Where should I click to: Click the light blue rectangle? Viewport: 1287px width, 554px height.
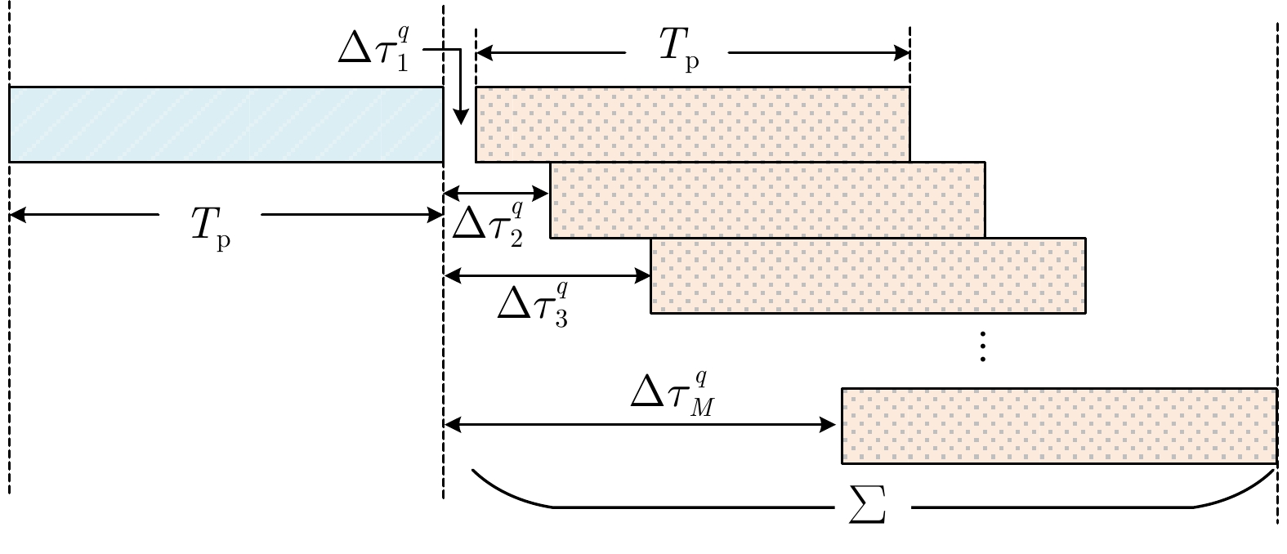(226, 123)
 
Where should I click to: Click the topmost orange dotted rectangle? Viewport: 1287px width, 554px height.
(692, 123)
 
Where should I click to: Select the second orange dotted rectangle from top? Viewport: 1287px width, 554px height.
(767, 199)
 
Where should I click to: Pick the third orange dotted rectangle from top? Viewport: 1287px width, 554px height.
(868, 275)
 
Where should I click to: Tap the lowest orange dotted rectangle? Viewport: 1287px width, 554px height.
(1059, 426)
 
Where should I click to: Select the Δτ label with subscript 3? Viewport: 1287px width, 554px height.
(534, 304)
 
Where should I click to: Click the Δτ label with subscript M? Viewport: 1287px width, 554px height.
(673, 395)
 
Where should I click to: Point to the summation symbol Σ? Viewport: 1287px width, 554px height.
(868, 510)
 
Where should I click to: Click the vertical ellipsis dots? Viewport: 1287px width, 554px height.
(983, 346)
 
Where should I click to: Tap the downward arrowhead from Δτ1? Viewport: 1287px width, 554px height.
(460, 118)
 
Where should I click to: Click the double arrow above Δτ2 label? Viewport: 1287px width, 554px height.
(496, 194)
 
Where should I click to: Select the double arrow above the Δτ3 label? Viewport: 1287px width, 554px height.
(546, 275)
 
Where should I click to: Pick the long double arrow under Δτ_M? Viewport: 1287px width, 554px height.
(642, 425)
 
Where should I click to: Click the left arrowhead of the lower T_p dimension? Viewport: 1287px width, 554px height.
(16, 216)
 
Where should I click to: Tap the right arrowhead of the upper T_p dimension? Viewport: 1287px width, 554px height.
(903, 54)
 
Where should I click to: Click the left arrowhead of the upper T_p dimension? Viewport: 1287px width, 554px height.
(483, 54)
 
